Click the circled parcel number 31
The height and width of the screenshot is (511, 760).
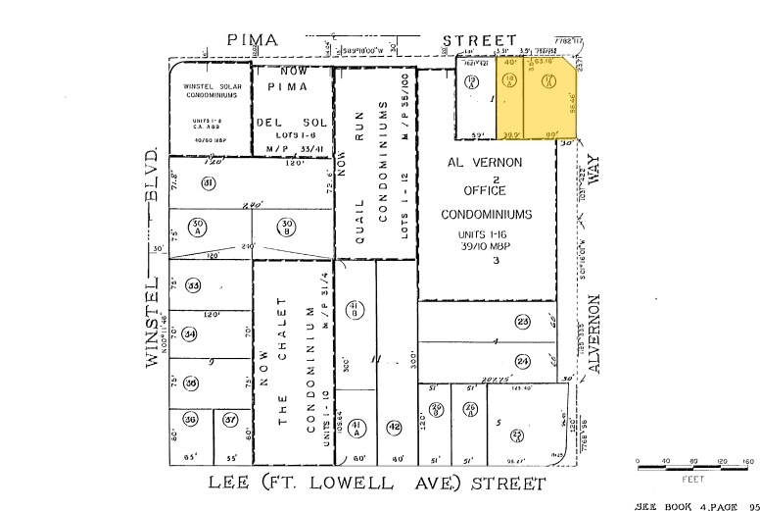click(208, 183)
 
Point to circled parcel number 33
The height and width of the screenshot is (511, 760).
click(194, 285)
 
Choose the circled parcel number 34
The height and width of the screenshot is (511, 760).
click(190, 333)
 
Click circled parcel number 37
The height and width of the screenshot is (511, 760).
click(230, 420)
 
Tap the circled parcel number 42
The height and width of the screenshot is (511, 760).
click(394, 427)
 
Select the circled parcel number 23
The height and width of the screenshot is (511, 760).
click(523, 322)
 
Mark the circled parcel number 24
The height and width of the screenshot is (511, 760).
click(523, 361)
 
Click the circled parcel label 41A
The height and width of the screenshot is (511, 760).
click(356, 427)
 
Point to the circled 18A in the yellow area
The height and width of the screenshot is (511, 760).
click(508, 82)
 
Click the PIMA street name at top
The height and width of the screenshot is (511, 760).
click(253, 40)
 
